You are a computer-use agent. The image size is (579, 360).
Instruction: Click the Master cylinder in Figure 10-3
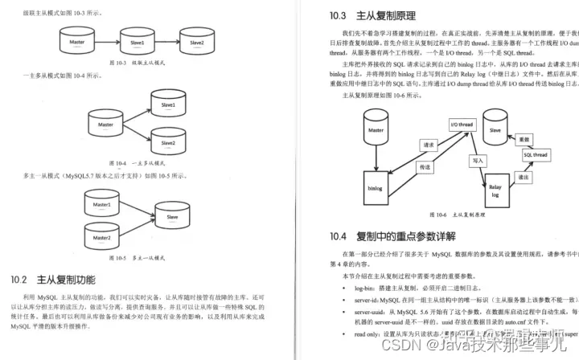tap(78, 41)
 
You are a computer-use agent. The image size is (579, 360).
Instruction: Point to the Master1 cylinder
tap(102, 206)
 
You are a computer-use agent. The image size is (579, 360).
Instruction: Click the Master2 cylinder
tap(102, 238)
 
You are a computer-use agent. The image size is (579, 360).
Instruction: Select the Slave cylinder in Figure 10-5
tap(172, 217)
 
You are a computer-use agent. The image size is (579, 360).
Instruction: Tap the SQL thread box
tap(535, 154)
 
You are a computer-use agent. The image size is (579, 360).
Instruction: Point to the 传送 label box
tap(425, 167)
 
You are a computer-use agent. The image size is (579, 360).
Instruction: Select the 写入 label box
tap(478, 161)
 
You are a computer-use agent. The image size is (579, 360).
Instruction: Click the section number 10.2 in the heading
tap(20, 280)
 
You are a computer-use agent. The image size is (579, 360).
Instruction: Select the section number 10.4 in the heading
tap(338, 236)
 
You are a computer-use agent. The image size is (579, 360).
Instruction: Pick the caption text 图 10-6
tap(438, 215)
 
